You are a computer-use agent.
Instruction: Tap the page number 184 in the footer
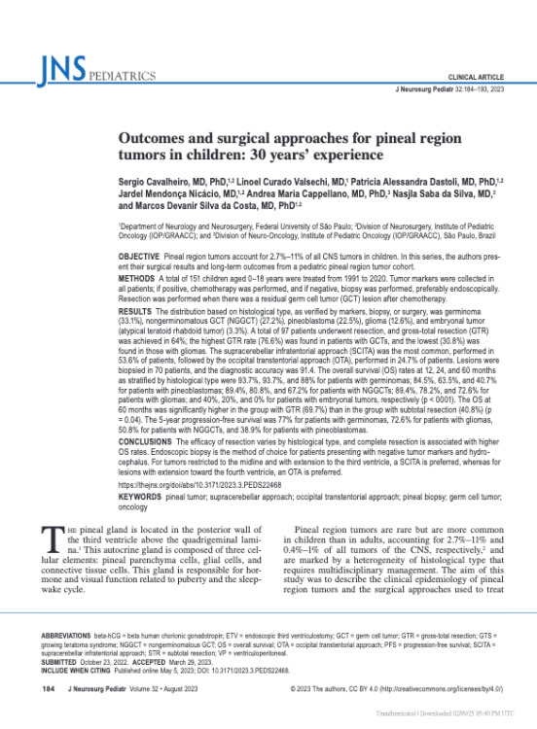[x=47, y=691]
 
